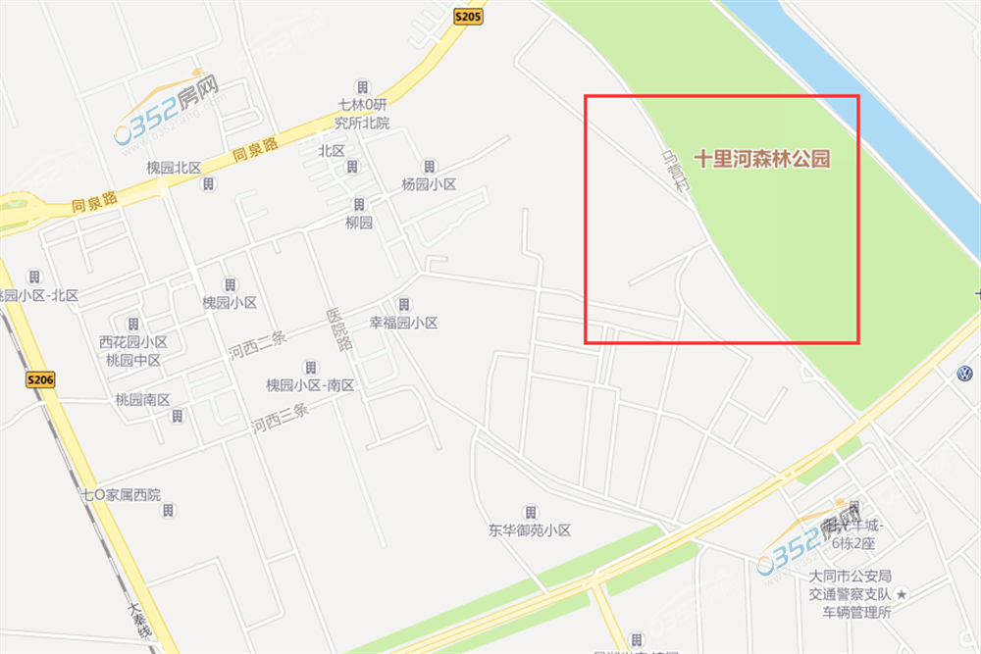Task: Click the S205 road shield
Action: coord(467,16)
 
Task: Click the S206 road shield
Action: coord(40,380)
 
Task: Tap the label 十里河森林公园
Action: coord(762,159)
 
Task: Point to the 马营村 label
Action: coord(676,176)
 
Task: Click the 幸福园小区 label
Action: coord(402,323)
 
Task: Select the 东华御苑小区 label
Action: coord(530,530)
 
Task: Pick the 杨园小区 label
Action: coord(429,184)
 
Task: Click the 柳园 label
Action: coord(359,223)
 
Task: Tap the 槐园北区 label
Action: coord(174,168)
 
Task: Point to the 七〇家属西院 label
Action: coord(121,494)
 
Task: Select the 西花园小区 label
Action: coord(133,342)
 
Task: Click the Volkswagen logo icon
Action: coord(963,374)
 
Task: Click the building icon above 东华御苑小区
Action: coord(530,512)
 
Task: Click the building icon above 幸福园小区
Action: coord(403,304)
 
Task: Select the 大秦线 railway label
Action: coord(139,619)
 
